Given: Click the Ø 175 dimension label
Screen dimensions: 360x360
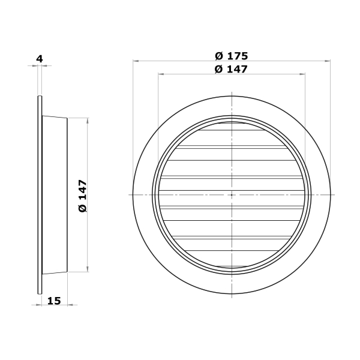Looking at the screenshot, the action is pyautogui.click(x=232, y=56).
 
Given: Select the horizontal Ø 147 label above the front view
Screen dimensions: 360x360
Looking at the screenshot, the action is pyautogui.click(x=231, y=69).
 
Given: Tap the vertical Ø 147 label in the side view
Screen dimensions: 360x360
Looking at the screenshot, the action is pyautogui.click(x=83, y=196).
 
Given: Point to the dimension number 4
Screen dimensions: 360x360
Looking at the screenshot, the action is pyautogui.click(x=40, y=59).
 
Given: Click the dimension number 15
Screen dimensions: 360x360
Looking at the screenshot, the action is pyautogui.click(x=54, y=301).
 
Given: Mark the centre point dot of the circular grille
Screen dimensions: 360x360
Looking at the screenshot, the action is pyautogui.click(x=232, y=195).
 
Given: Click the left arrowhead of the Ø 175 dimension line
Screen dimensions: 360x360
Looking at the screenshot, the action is pyautogui.click(x=136, y=61).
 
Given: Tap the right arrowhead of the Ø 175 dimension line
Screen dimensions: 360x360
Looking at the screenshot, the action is pyautogui.click(x=328, y=61).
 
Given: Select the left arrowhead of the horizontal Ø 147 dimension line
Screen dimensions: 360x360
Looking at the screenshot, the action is pyautogui.click(x=161, y=74).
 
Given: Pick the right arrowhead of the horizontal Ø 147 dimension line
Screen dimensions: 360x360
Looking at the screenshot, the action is pyautogui.click(x=302, y=74).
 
